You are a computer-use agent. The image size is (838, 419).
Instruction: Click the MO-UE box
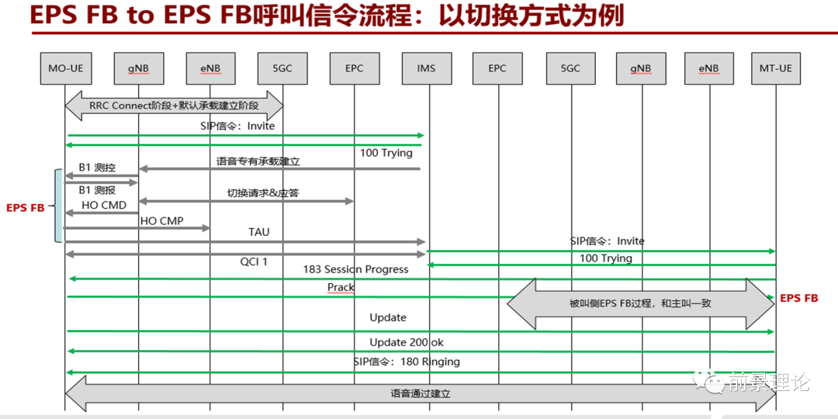tap(65, 68)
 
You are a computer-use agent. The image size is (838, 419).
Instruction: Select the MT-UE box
tap(776, 68)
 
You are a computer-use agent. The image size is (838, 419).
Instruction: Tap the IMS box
tap(426, 68)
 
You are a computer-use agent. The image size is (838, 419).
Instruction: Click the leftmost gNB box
tap(137, 68)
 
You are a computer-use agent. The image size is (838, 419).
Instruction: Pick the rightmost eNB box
tap(708, 68)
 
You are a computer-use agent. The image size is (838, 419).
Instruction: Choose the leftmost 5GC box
tap(282, 68)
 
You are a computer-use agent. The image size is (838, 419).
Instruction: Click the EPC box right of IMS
tap(497, 68)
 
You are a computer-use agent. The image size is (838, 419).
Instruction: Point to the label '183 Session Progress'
tap(355, 269)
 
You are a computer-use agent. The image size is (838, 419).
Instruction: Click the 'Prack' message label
tap(341, 287)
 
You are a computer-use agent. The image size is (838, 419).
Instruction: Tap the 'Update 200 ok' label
tap(407, 342)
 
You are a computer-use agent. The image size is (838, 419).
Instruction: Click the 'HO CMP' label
tap(161, 221)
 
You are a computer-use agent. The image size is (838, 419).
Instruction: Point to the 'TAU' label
tap(259, 232)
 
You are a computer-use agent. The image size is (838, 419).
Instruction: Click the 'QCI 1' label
tap(254, 261)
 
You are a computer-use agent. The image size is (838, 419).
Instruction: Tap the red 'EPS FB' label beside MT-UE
tap(798, 298)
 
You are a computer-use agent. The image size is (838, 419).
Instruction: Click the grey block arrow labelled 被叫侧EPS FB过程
tap(641, 304)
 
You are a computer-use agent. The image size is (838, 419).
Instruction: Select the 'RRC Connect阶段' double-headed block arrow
tap(174, 106)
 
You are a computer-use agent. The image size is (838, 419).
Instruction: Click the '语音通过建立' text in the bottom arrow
tap(420, 394)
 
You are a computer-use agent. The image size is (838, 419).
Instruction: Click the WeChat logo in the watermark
tap(709, 381)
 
